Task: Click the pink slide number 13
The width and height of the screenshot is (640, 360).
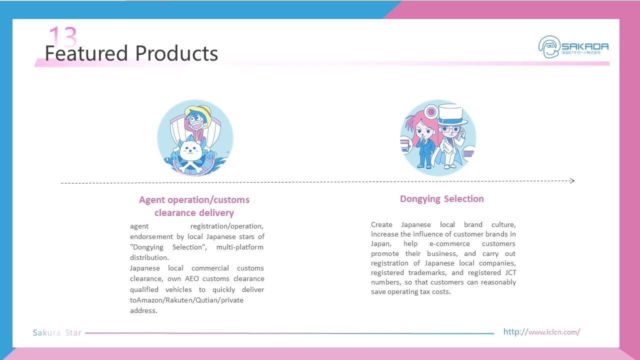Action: [x=63, y=36]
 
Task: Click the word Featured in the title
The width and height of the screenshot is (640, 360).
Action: [x=86, y=53]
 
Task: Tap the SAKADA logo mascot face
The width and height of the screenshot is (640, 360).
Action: [x=549, y=47]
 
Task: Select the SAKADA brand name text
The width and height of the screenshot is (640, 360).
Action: [x=585, y=46]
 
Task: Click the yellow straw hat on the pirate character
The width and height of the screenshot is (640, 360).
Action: [x=198, y=114]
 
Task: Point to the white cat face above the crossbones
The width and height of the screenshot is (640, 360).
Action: [x=190, y=150]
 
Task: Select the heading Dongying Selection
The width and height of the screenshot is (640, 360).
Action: [x=441, y=199]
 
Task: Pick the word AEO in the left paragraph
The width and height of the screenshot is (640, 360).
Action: [x=191, y=278]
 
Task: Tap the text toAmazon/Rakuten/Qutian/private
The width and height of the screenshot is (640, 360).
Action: [x=186, y=300]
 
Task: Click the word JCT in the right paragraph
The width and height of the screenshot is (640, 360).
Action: [x=510, y=272]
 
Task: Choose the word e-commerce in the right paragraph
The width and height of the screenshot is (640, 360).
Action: [x=449, y=243]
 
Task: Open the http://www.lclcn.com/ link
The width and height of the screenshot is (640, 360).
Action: [x=541, y=331]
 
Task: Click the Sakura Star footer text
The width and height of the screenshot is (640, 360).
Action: [x=57, y=332]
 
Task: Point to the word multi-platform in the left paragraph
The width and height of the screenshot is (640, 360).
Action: [x=239, y=247]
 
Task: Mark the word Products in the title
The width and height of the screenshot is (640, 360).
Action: [x=176, y=53]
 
